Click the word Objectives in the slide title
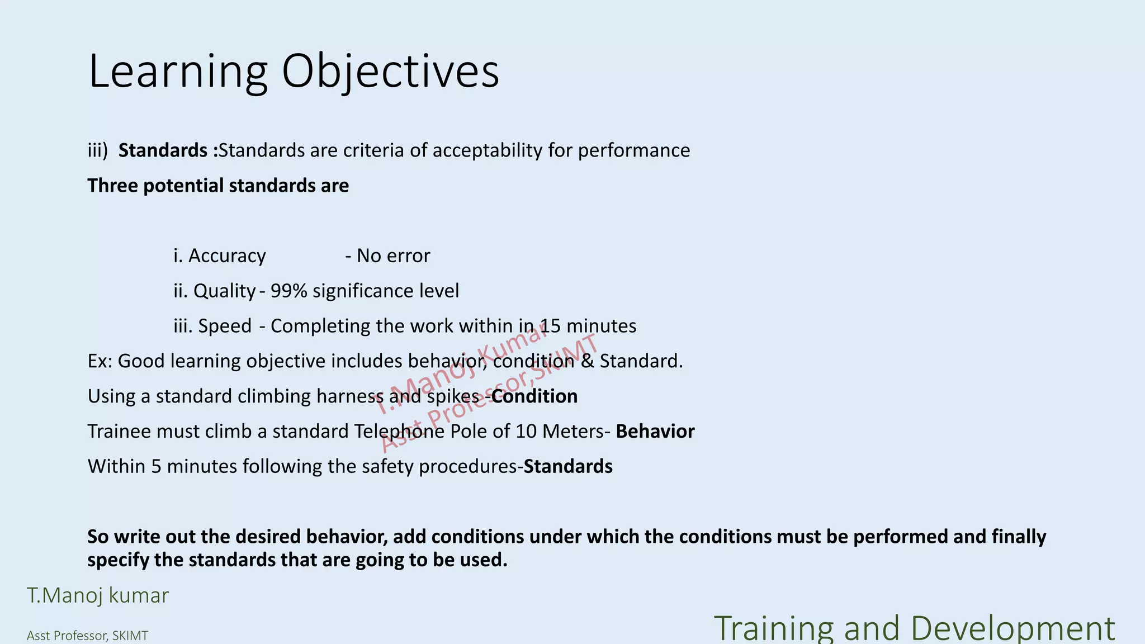pyautogui.click(x=390, y=71)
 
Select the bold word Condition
pyautogui.click(x=534, y=396)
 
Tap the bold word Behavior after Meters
pyautogui.click(x=655, y=432)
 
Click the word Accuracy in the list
pyautogui.click(x=227, y=256)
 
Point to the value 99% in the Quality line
pyautogui.click(x=288, y=291)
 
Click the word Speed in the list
pyautogui.click(x=225, y=326)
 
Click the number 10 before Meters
pyautogui.click(x=526, y=432)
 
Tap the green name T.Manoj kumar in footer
pyautogui.click(x=98, y=596)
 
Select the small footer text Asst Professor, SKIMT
pyautogui.click(x=88, y=636)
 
